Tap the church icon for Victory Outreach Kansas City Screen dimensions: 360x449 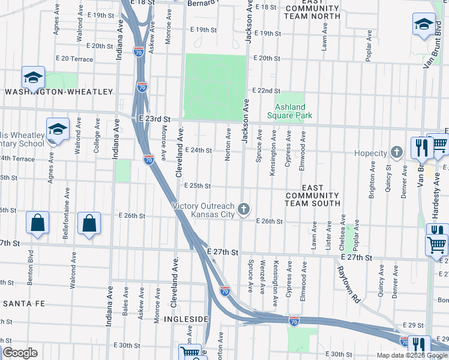click(244, 209)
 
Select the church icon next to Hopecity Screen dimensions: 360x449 click(396, 153)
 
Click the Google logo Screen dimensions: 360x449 click(19, 353)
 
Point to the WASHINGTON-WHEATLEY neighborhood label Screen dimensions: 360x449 click(59, 92)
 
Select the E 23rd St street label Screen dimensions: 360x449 click(155, 119)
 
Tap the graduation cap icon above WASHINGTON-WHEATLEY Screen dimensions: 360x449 click(33, 77)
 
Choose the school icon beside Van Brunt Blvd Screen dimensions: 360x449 click(424, 25)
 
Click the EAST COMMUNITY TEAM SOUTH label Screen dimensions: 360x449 click(312, 196)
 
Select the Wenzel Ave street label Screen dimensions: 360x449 click(262, 277)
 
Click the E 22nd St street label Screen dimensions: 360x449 click(265, 91)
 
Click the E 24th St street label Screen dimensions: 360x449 click(198, 150)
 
